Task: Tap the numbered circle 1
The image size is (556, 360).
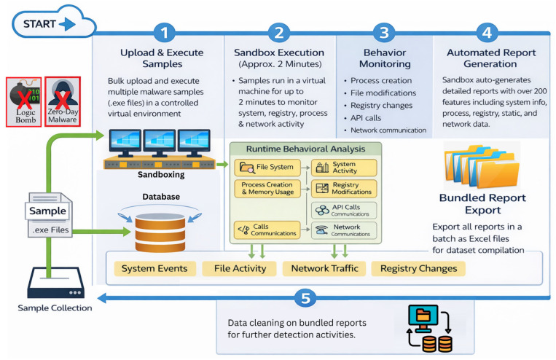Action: [164, 33]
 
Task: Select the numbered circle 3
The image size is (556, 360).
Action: [384, 33]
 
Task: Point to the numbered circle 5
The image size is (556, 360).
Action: [305, 298]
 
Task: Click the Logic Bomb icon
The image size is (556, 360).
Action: [24, 102]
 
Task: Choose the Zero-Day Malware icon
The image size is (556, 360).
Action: [63, 101]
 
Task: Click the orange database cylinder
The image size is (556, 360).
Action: [160, 232]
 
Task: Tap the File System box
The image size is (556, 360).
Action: [267, 167]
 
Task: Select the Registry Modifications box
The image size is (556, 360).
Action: [344, 188]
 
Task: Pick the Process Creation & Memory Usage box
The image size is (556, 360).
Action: [267, 188]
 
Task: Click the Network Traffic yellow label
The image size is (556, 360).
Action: [324, 268]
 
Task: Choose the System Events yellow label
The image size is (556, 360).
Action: [154, 268]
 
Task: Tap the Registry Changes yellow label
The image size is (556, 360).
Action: [418, 268]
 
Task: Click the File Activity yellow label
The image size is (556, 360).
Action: [240, 268]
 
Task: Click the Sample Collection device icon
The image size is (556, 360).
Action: [55, 282]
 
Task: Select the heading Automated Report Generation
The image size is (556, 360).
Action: [490, 58]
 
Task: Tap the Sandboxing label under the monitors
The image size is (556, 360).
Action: [161, 174]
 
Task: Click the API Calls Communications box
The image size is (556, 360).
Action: [344, 211]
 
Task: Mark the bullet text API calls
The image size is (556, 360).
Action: [366, 118]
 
